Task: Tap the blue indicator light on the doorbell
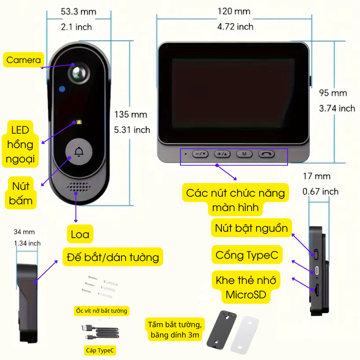[62, 89]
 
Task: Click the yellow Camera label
[23, 60]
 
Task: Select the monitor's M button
[244, 154]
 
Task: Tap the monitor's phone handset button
[266, 154]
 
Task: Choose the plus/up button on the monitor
[222, 154]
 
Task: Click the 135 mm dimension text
[130, 114]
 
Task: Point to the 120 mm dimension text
[234, 11]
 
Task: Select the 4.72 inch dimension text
[235, 27]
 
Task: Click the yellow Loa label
[80, 234]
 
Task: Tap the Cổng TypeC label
[247, 255]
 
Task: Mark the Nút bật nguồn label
[252, 228]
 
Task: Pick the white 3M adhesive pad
[245, 335]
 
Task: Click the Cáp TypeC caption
[100, 351]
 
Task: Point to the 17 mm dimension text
[317, 176]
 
